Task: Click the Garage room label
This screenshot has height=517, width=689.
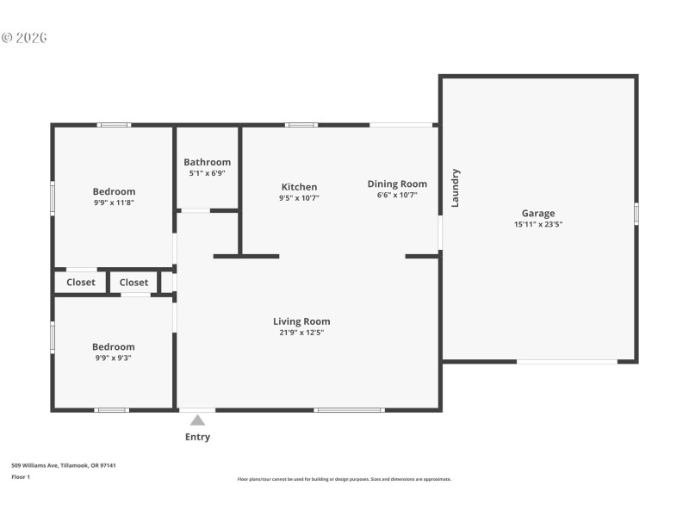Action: click(537, 213)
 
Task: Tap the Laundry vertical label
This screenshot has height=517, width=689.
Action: click(456, 187)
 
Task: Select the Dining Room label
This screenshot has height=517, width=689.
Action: click(397, 184)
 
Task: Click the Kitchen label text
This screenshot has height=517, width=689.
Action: click(299, 187)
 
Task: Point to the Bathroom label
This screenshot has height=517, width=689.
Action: click(207, 162)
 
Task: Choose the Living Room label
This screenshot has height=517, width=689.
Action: click(301, 321)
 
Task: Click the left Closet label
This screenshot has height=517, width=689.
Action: click(81, 282)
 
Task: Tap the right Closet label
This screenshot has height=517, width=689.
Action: click(133, 282)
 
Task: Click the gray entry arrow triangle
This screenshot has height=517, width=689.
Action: click(197, 420)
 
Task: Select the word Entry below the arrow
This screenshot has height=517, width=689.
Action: click(197, 437)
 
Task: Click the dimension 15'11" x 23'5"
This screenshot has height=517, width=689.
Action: click(537, 224)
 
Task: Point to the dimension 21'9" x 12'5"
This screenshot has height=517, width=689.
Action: click(301, 333)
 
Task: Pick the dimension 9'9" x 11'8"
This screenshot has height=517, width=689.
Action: click(114, 202)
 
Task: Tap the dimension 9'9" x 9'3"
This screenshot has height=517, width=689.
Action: click(114, 358)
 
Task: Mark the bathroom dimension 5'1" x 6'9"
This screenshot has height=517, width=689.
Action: click(207, 173)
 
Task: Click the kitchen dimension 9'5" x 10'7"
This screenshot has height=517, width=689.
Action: click(299, 198)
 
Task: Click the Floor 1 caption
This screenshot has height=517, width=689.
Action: click(21, 477)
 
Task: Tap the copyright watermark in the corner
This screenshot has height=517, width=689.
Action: click(24, 38)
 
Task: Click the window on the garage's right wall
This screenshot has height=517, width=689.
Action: click(636, 213)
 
